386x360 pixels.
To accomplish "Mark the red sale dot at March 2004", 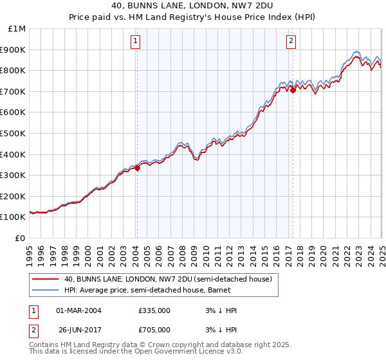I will [137, 168].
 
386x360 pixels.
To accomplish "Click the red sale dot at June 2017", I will [293, 91].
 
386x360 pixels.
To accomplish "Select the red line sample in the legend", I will [46, 279].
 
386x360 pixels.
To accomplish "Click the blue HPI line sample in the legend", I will [46, 290].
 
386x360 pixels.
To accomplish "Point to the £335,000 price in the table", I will [154, 310].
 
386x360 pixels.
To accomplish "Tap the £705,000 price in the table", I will [154, 329].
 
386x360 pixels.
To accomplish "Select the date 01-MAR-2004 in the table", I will [78, 310].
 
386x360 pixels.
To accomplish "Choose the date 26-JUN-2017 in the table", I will [78, 329].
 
